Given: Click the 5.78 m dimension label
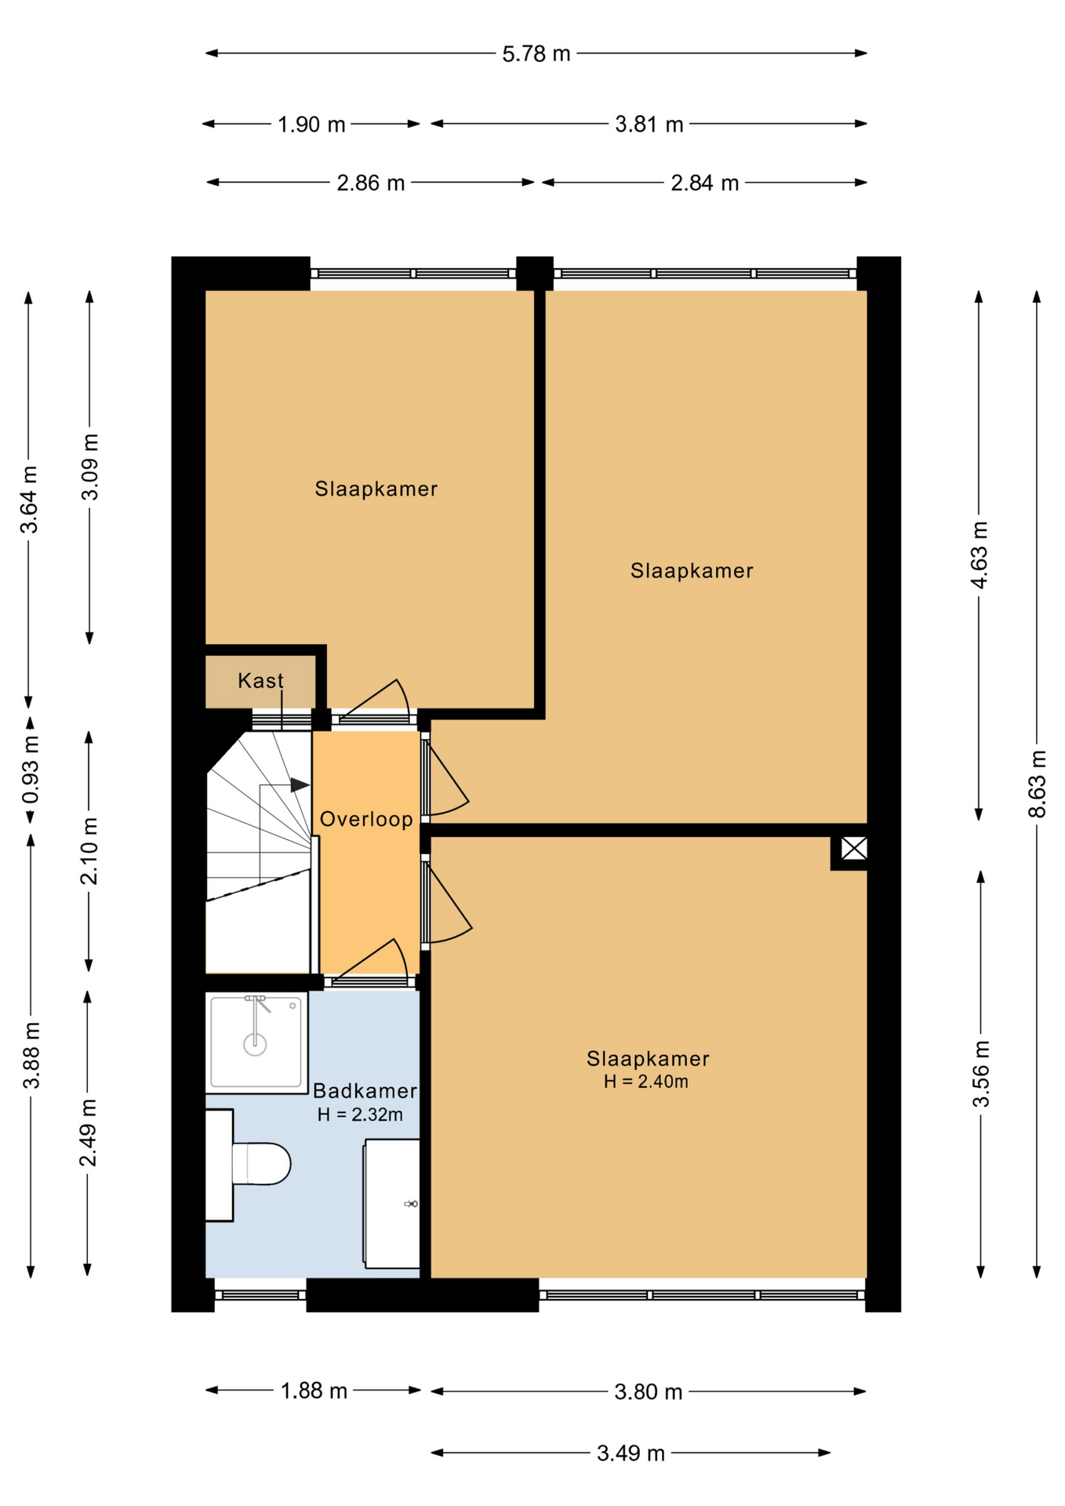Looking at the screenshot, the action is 536,54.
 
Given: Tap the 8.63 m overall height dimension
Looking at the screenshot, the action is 1038,784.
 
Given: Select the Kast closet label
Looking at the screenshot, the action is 260,680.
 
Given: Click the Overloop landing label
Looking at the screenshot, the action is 366,819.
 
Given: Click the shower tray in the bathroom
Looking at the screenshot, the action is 256,1042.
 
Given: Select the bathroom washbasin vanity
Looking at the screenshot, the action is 391,1203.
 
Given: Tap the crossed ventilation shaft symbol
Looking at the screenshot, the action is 854,848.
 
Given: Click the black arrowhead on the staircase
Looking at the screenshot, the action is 300,784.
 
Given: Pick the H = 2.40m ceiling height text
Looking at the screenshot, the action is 646,1082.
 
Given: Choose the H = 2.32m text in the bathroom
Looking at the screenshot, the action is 360,1114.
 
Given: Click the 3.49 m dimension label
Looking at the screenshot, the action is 631,1453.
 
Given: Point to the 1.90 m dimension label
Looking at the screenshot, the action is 311,124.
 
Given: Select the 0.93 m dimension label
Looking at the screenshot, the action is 31,769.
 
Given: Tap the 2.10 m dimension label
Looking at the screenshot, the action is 89,850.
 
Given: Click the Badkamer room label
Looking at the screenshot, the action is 365,1090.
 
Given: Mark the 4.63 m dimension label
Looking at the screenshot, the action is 980,555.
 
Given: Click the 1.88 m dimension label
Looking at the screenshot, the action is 314,1391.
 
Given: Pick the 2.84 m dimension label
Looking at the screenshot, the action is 705,183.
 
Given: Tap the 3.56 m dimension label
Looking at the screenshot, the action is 981,1073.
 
